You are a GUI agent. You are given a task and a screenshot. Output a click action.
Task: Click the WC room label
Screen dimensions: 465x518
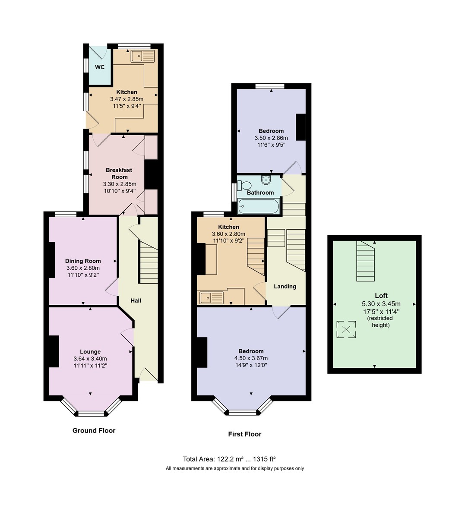pos(100,67)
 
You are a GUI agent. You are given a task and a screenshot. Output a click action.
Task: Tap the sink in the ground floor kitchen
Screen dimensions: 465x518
pos(143,56)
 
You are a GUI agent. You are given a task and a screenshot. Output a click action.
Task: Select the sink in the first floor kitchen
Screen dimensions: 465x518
pos(212,297)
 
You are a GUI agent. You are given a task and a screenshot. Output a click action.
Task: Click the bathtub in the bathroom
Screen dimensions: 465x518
pos(258,206)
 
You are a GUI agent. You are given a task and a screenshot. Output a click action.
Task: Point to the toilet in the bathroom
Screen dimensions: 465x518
pos(244,185)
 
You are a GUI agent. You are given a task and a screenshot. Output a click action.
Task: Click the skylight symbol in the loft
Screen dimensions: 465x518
pos(346,329)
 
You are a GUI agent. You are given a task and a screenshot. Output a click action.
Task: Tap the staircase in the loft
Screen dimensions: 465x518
pos(366,261)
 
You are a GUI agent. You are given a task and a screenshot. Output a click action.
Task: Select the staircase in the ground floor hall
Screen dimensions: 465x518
pos(149,262)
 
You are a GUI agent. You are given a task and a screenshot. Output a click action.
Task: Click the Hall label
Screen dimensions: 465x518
pos(136,300)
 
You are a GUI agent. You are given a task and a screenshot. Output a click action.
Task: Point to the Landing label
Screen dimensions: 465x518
pos(285,286)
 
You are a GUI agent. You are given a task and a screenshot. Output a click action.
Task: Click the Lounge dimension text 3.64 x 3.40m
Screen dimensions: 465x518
pos(90,358)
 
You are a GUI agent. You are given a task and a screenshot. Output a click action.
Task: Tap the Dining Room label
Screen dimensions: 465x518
pos(83,261)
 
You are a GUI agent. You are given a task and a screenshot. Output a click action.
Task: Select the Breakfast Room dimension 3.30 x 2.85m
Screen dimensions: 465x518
pos(120,184)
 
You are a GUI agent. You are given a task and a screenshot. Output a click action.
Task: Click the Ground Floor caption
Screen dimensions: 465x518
pos(94,430)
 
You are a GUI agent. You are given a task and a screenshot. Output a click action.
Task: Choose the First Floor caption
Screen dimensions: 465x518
pos(245,434)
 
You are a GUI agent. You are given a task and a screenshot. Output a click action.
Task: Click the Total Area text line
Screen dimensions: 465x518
pos(229,459)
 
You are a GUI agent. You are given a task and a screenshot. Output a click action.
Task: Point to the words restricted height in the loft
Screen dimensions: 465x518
pos(380,322)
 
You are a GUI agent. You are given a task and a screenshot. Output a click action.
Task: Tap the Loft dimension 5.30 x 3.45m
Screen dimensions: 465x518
pos(381,304)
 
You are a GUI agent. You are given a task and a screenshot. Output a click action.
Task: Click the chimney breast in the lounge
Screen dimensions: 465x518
pos(54,351)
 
